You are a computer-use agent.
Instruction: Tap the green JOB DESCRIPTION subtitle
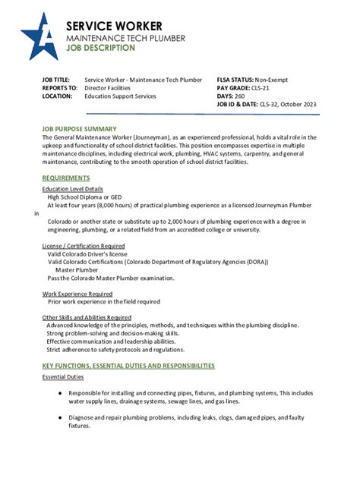pyautogui.click(x=100, y=47)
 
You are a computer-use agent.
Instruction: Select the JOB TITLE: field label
pyautogui.click(x=55, y=80)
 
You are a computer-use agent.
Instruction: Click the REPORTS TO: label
pyautogui.click(x=59, y=88)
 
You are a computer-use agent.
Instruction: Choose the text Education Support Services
pyautogui.click(x=120, y=96)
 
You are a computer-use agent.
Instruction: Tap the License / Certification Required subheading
pyautogui.click(x=83, y=246)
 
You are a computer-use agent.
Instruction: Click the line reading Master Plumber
pyautogui.click(x=76, y=270)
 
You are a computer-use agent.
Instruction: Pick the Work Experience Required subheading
pyautogui.click(x=77, y=293)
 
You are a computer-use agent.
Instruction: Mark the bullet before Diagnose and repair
pyautogui.click(x=60, y=417)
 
